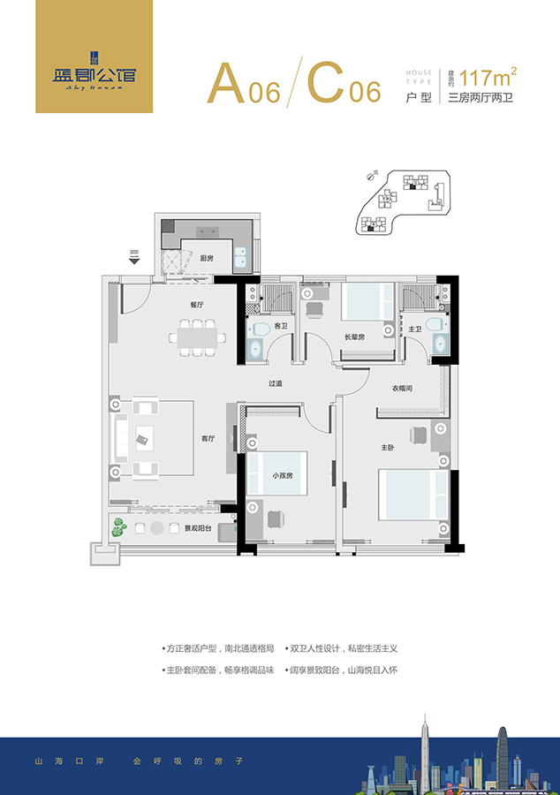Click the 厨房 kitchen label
tap(207, 259)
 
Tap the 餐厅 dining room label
tap(196, 305)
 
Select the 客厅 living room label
tap(208, 439)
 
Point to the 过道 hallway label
tap(276, 384)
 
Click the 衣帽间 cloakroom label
tap(403, 389)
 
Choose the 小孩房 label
tap(283, 476)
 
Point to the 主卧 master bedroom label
tap(387, 448)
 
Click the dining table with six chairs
tap(196, 337)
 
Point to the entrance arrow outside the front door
tap(134, 257)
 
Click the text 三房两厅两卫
tap(481, 98)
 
